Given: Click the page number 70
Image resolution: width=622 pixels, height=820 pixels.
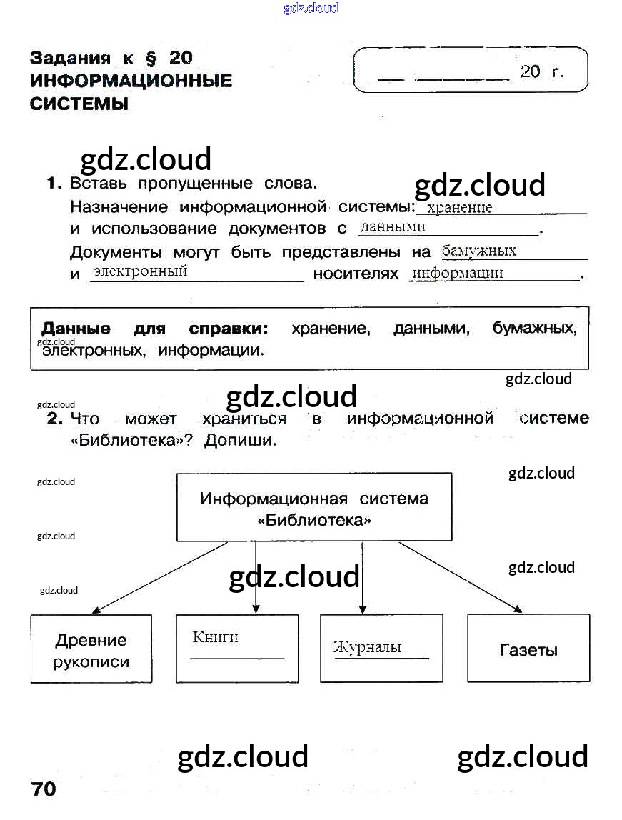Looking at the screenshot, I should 44,789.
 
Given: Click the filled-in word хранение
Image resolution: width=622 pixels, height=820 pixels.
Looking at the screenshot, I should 459,208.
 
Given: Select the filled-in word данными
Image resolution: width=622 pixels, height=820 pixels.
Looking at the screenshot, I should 393,227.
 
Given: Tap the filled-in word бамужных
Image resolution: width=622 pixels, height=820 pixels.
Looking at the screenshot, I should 479,251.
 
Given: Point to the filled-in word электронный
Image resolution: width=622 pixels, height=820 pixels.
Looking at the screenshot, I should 140,271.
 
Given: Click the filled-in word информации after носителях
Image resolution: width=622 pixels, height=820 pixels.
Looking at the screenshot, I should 458,273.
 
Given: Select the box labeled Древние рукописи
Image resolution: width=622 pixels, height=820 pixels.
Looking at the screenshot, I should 91,649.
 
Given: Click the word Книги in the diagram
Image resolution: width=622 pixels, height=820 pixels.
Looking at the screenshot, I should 215,637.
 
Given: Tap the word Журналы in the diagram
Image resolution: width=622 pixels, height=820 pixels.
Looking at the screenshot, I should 367,647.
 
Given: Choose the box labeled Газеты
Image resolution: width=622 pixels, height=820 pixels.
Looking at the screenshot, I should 528,649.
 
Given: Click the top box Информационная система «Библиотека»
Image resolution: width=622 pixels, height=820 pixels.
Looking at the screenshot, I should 314,507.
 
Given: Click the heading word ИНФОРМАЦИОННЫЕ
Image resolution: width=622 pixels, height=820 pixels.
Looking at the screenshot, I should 131,80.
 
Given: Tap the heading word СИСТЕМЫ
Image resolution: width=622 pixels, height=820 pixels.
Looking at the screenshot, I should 79,104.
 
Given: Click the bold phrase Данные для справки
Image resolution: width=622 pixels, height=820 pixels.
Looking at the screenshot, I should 154,329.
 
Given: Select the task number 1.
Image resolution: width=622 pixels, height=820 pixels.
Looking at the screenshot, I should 54,184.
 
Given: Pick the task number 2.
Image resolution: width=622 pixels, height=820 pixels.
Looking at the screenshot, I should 54,419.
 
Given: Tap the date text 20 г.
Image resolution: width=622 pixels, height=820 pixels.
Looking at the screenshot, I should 542,71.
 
